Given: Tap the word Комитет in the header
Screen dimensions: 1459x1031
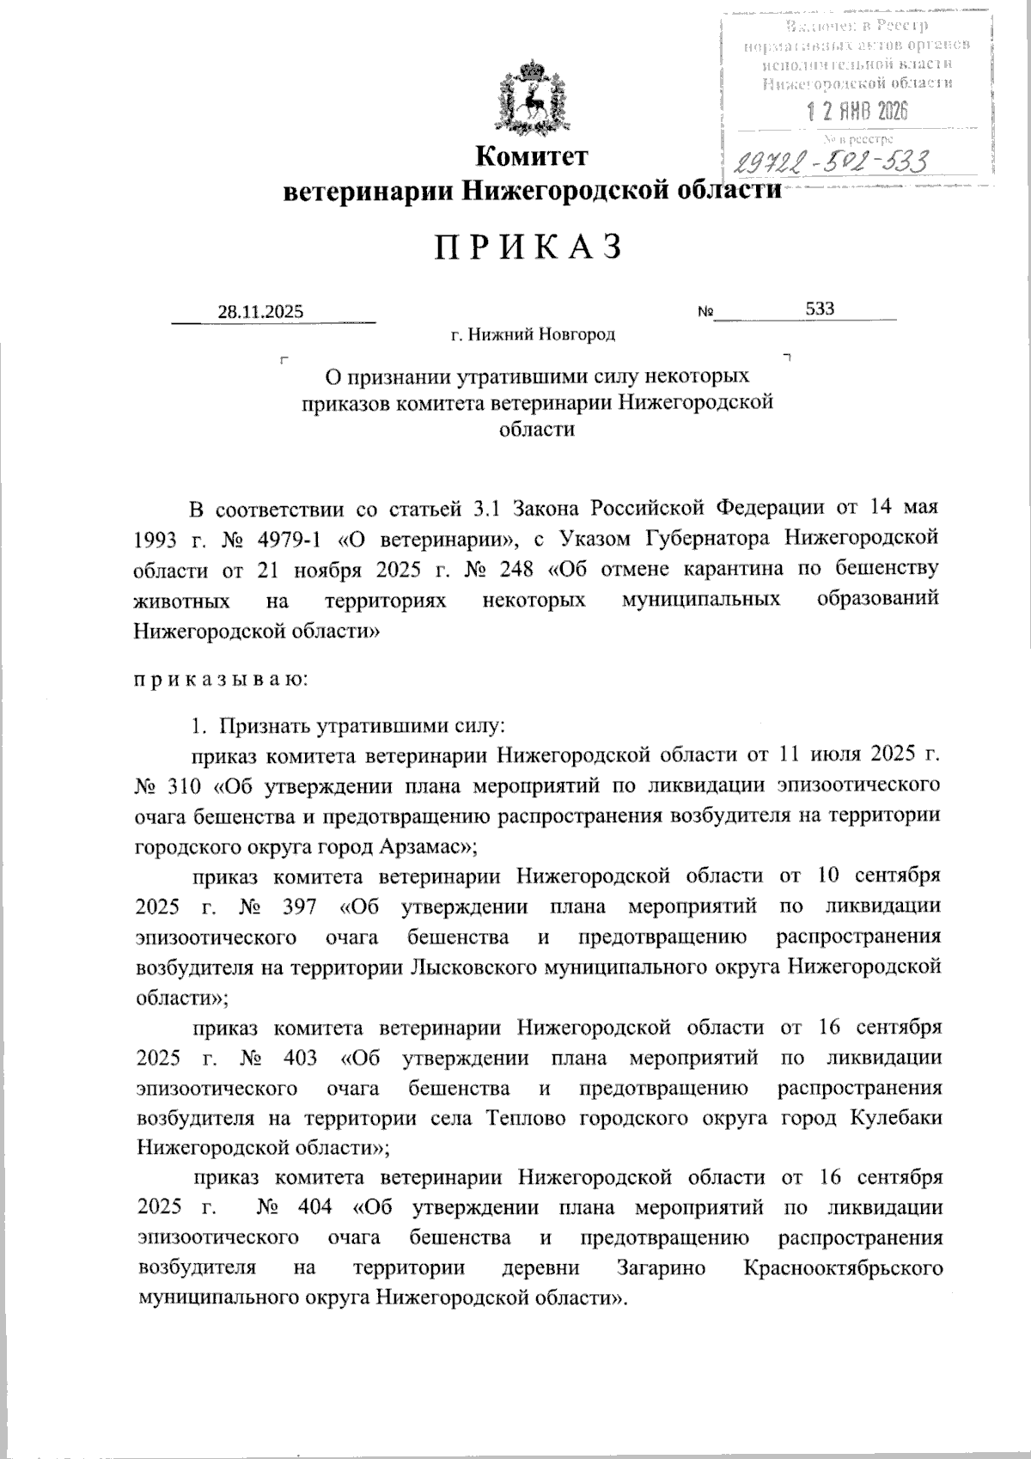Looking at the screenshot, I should click(533, 156).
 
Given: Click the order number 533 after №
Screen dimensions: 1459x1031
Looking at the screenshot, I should click(821, 308).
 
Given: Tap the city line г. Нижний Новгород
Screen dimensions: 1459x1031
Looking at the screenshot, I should click(533, 334).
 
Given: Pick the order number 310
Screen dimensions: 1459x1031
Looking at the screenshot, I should click(180, 784).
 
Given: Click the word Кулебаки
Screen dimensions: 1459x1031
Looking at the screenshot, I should click(896, 1118).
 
